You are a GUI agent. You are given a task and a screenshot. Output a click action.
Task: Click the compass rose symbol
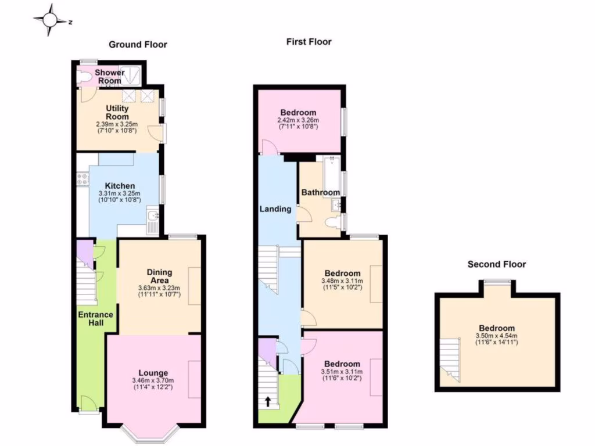50,20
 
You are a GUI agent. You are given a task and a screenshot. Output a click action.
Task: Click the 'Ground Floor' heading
138,44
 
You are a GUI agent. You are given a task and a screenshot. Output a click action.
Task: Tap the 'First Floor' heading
309,41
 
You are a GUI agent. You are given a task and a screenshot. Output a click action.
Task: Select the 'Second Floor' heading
496,264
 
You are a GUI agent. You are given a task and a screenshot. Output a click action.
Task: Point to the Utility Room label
117,112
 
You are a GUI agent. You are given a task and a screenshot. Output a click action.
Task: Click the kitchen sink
153,218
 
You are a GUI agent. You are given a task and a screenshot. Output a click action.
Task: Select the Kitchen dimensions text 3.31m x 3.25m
121,193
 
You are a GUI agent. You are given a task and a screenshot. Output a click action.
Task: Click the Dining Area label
159,276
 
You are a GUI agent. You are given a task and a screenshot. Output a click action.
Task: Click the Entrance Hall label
96,318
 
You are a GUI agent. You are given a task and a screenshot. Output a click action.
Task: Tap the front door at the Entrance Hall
88,403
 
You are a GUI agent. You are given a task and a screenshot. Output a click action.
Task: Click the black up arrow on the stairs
268,401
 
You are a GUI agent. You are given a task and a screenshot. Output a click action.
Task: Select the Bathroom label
320,192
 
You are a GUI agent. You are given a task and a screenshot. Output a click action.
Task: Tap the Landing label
275,208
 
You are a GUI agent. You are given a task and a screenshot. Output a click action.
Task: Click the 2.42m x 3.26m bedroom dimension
297,120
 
